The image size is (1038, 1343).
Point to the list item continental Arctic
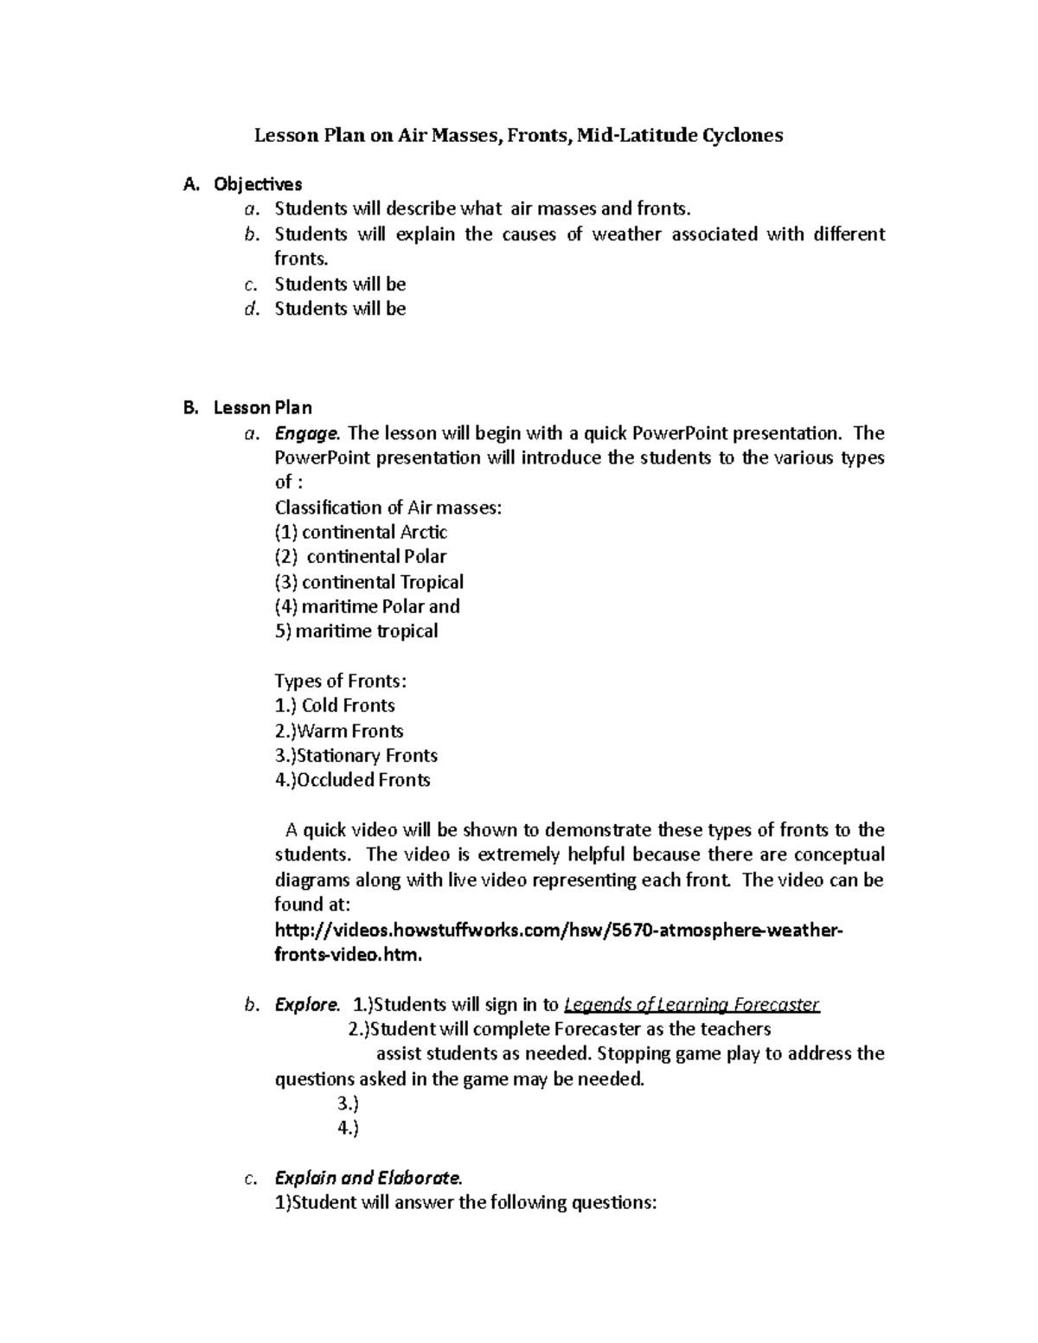click(x=361, y=533)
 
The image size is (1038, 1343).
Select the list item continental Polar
click(x=361, y=557)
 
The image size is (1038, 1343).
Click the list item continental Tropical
click(x=369, y=582)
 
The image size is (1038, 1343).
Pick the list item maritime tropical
click(x=356, y=631)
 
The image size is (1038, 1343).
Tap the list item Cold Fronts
click(x=335, y=706)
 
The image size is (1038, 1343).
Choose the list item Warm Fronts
click(x=339, y=731)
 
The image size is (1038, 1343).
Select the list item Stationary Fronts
click(x=356, y=756)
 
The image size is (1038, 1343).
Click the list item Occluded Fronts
click(x=352, y=780)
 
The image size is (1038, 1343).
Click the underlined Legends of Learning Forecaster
click(x=691, y=1005)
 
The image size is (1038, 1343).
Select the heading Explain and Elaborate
click(x=369, y=1178)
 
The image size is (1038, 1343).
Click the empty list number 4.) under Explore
click(x=348, y=1128)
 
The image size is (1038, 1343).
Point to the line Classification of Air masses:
click(x=388, y=508)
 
